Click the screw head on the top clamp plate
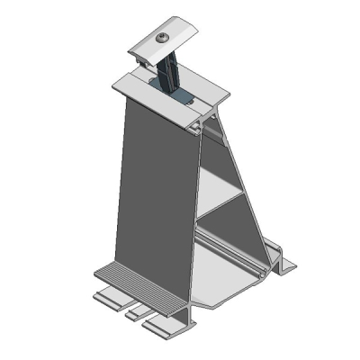[163, 38]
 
